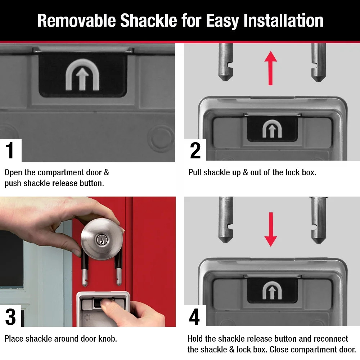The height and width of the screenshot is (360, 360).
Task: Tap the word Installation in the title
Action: [x=283, y=21]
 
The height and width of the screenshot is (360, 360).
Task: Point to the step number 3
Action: [x=10, y=317]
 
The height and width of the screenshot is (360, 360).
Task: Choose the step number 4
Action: [x=194, y=317]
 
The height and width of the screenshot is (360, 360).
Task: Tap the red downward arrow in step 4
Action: [x=270, y=229]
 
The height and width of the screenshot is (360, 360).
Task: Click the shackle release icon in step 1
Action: [x=82, y=75]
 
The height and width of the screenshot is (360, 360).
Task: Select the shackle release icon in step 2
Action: [x=272, y=129]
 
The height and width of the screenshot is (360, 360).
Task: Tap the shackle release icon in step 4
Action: [x=272, y=290]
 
